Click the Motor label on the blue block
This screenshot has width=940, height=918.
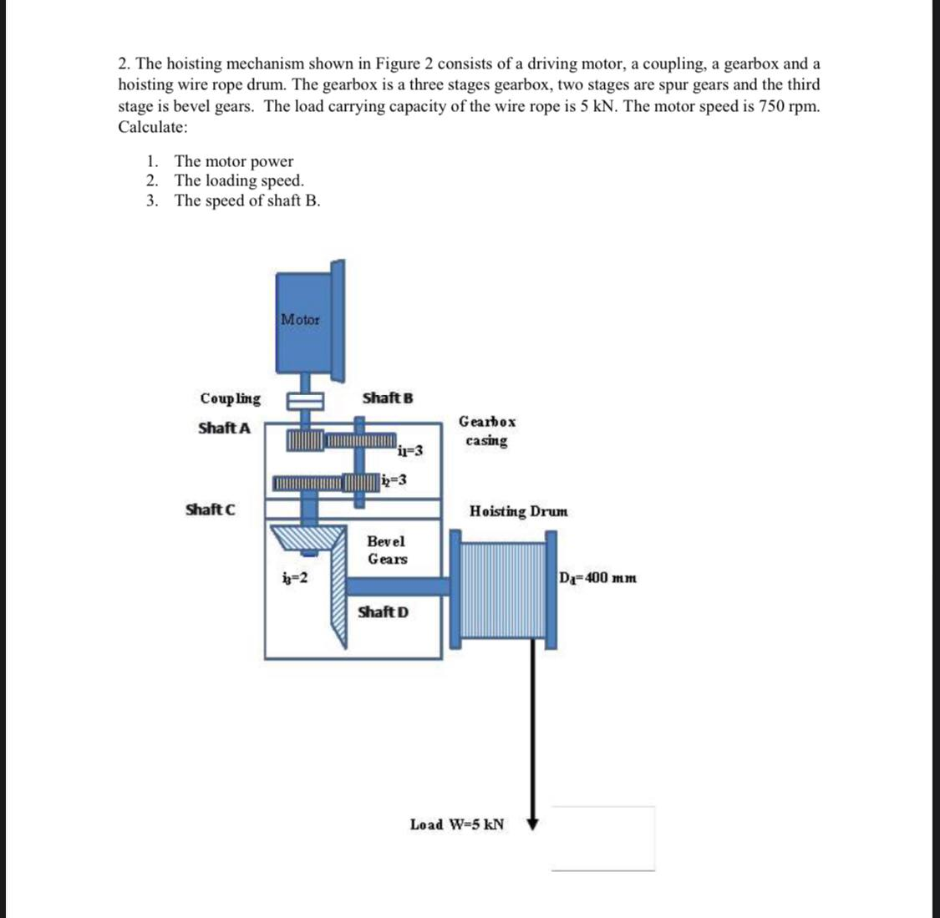coord(300,319)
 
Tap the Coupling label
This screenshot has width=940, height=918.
coord(230,398)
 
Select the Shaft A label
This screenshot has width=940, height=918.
coord(224,428)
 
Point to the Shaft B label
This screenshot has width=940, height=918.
coord(388,398)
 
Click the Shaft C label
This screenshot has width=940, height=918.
coord(210,509)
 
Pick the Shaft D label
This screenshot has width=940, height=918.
coord(383,611)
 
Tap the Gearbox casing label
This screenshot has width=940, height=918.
coord(487,431)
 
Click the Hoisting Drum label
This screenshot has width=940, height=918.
coord(518,510)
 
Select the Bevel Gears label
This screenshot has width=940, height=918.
coord(388,550)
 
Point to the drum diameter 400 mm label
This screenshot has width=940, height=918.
coord(598,577)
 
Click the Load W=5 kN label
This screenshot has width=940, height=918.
coord(457,824)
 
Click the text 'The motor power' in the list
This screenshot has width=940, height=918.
coord(234,161)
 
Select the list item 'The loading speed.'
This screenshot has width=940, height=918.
coord(239,180)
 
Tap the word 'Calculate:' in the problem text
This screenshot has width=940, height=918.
coord(153,127)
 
